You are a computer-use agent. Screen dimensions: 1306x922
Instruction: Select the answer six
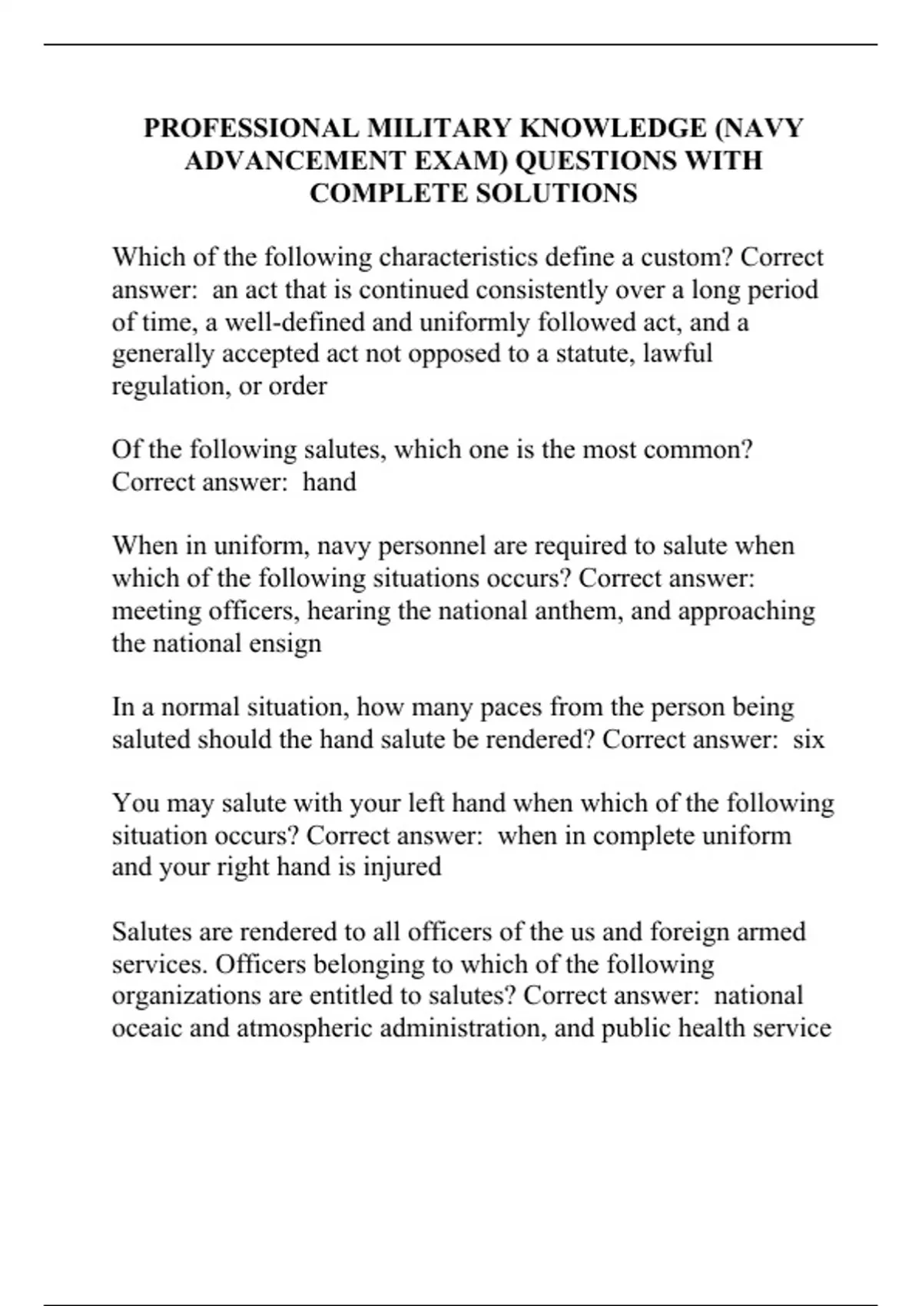click(808, 739)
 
